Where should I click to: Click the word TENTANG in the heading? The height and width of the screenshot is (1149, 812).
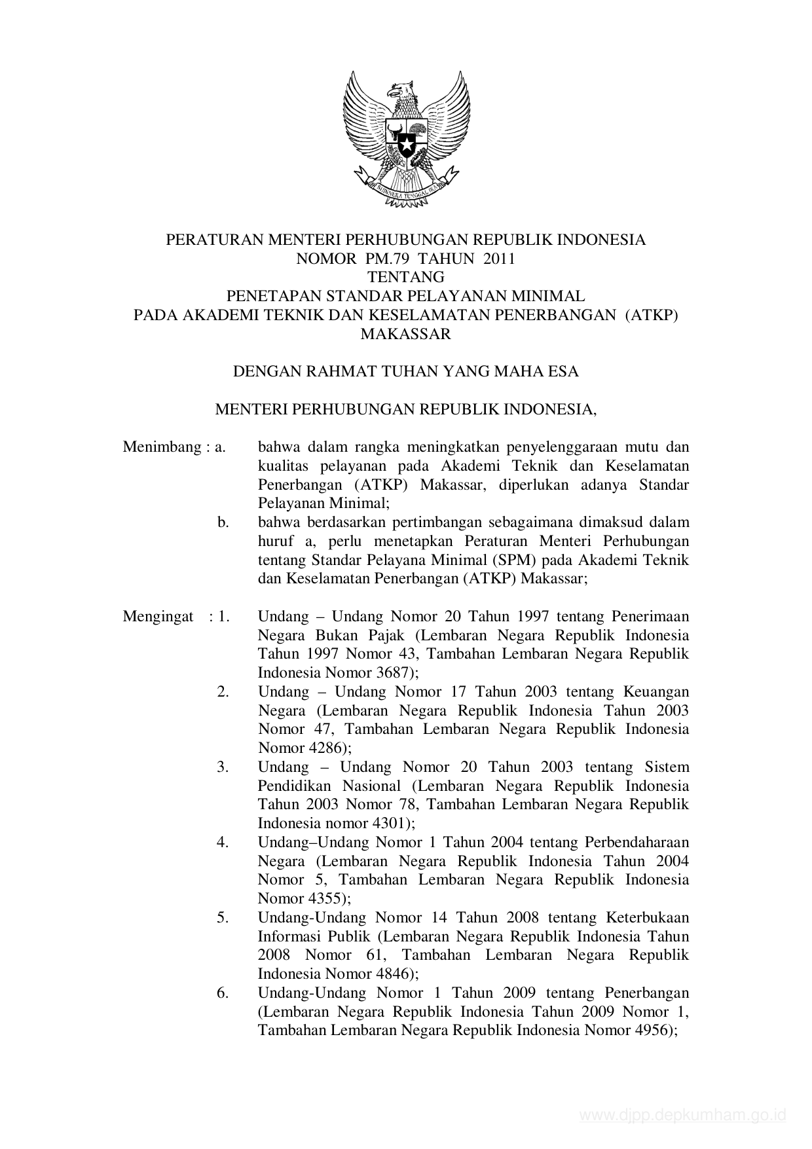pyautogui.click(x=405, y=277)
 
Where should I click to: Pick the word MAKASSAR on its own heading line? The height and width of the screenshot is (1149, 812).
pyautogui.click(x=406, y=334)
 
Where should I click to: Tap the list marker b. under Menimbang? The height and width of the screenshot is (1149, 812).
pyautogui.click(x=223, y=522)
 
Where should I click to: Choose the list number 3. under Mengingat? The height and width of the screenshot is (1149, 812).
pyautogui.click(x=223, y=767)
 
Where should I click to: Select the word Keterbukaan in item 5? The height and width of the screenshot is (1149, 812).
pyautogui.click(x=648, y=918)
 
